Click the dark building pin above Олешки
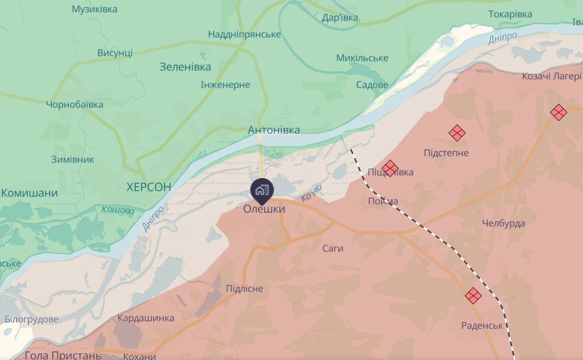click(x=262, y=190)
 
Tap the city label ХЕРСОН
click(x=149, y=187)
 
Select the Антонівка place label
click(x=274, y=130)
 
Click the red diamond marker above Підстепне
click(x=457, y=133)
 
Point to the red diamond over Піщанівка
click(x=390, y=168)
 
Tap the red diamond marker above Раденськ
click(x=473, y=295)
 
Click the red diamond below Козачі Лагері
click(x=558, y=112)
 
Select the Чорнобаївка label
click(x=75, y=105)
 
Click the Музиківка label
click(x=95, y=9)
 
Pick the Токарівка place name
click(x=510, y=14)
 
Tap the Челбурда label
click(x=503, y=223)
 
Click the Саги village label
click(x=333, y=249)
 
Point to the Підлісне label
click(x=244, y=288)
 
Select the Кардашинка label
click(x=146, y=318)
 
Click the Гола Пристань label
click(x=63, y=355)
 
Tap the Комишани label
click(x=29, y=193)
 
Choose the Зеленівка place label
click(x=185, y=67)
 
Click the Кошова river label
click(x=118, y=210)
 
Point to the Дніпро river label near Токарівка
click(x=502, y=37)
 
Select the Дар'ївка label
click(x=340, y=18)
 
